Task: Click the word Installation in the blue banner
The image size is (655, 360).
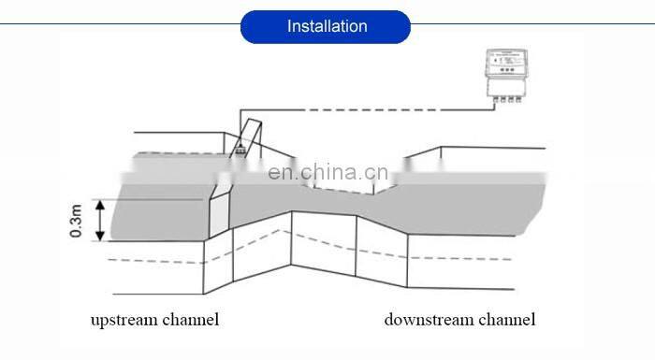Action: tap(326, 26)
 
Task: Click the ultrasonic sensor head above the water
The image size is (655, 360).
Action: tap(240, 147)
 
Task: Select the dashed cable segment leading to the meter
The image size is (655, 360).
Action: tap(374, 110)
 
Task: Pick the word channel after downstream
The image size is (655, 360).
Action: tap(507, 320)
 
